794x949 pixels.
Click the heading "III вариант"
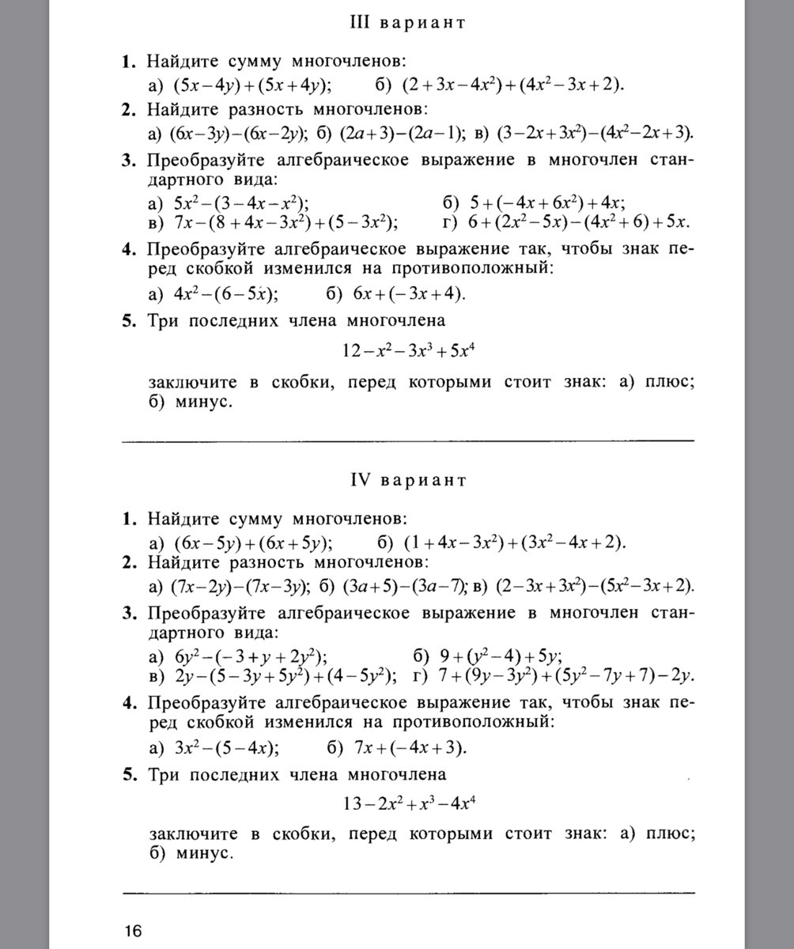tap(407, 22)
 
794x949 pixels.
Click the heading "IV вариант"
tap(408, 480)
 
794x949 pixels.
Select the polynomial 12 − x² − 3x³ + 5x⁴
tap(408, 349)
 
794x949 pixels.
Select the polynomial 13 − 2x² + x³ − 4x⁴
tap(408, 804)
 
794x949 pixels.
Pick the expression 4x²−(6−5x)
tap(225, 294)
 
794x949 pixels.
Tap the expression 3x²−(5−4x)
tap(225, 748)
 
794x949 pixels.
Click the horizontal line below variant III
tap(408, 439)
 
